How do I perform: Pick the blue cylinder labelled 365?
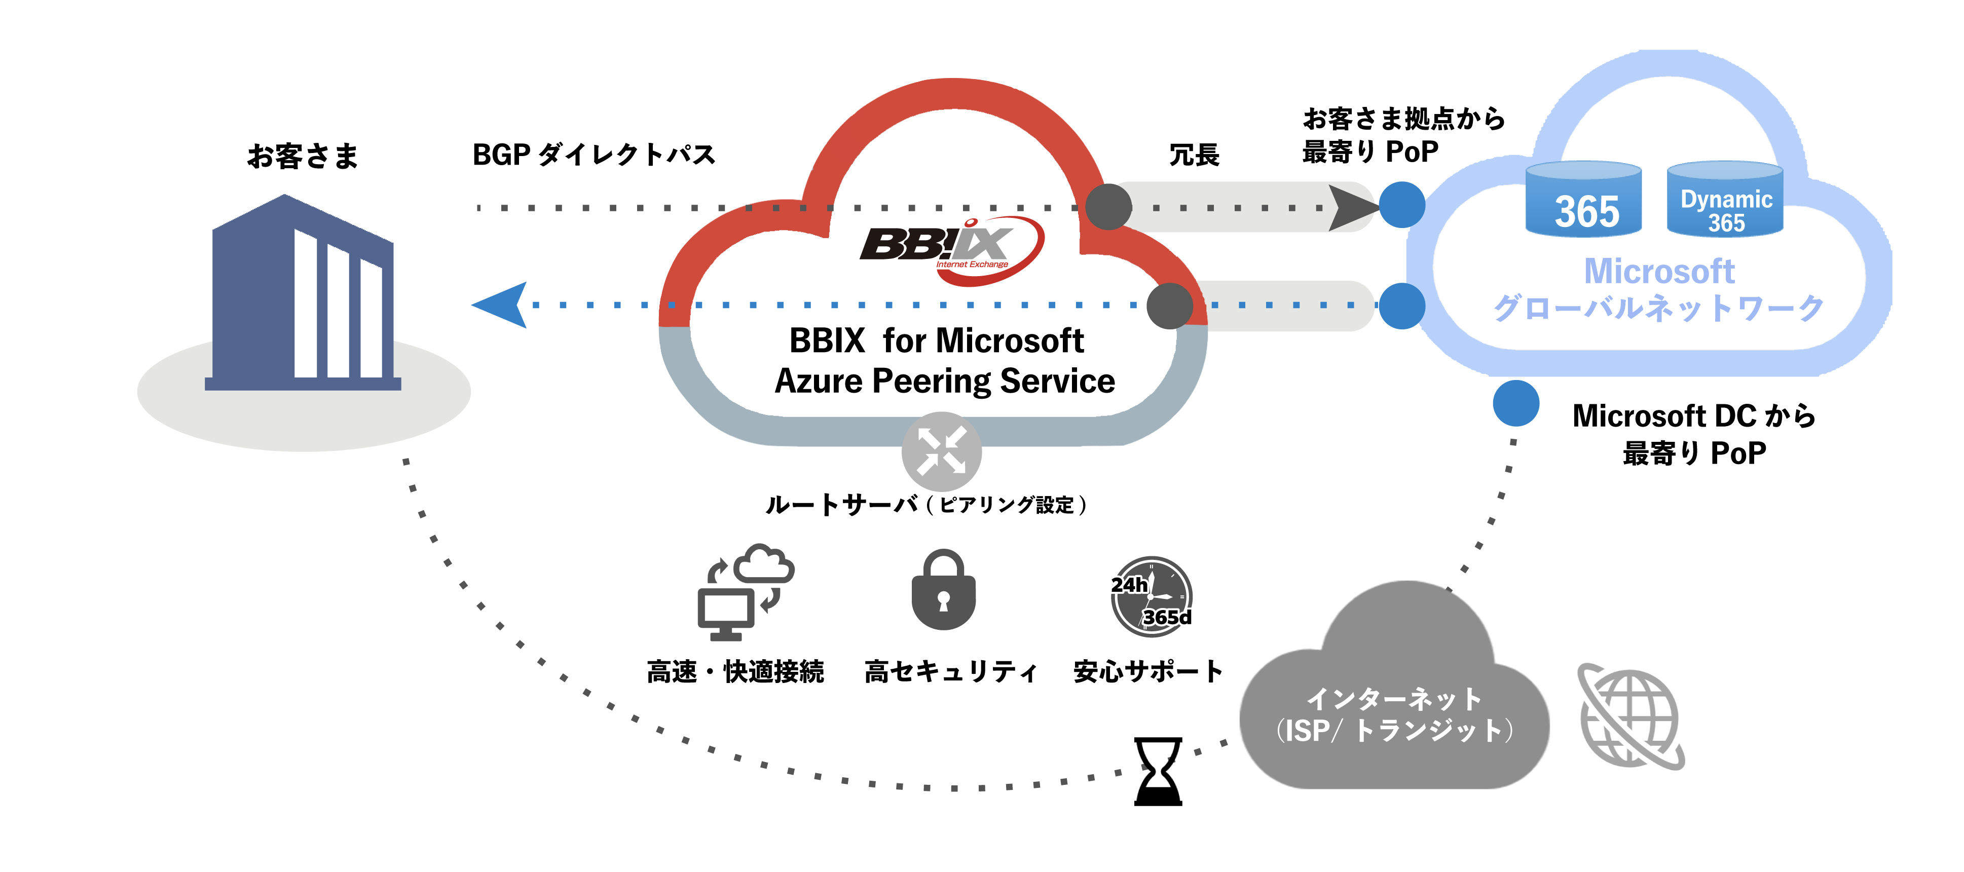(x=1583, y=200)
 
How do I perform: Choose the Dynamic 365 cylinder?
(x=1725, y=200)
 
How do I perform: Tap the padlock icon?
(x=944, y=591)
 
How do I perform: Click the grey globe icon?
(x=1631, y=716)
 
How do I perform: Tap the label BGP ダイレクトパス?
(x=594, y=155)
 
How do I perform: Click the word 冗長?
(x=1194, y=155)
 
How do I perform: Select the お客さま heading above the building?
(x=303, y=156)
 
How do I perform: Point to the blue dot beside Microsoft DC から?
(x=1515, y=403)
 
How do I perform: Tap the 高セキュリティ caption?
(x=951, y=671)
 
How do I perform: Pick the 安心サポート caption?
(x=1147, y=671)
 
